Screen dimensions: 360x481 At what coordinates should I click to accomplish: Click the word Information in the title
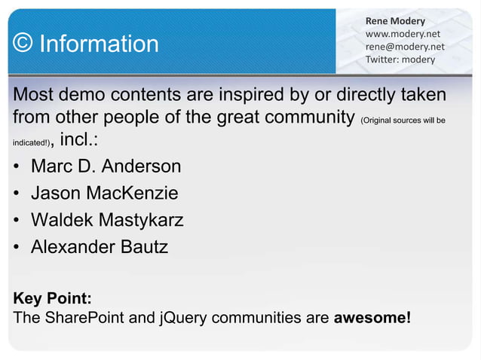99,44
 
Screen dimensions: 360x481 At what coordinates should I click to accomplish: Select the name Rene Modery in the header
395,20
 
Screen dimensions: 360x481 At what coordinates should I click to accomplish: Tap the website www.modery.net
403,33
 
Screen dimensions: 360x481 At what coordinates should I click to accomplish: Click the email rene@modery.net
405,46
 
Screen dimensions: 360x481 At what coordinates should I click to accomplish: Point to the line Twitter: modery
400,59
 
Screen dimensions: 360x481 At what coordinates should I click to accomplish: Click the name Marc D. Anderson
106,166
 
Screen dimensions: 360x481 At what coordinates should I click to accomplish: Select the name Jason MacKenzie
104,193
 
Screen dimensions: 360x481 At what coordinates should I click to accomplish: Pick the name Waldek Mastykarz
107,220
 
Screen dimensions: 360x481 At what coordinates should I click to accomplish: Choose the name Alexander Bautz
99,246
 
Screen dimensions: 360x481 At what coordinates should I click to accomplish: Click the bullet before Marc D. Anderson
17,166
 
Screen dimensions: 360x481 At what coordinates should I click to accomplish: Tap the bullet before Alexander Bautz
17,247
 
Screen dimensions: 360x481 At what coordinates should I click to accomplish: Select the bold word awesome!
372,316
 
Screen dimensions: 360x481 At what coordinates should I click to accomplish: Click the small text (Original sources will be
403,121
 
